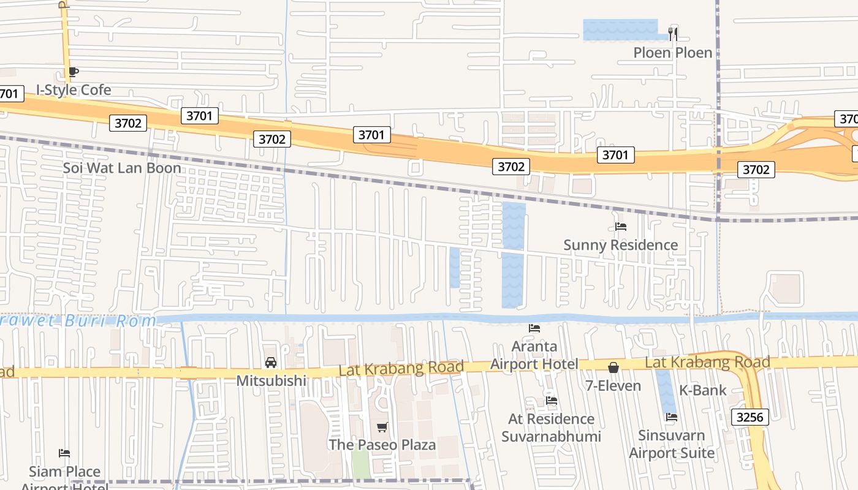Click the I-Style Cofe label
pos(74,90)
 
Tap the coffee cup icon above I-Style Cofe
pos(74,72)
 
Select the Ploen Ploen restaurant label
pos(673,53)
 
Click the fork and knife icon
pos(673,34)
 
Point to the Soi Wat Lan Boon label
pos(122,168)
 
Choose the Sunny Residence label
pos(620,245)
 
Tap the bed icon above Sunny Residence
pos(621,227)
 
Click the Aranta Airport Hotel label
pos(534,355)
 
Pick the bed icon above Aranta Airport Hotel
pos(534,328)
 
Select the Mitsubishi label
pos(271,380)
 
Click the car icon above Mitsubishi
pos(271,363)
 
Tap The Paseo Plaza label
pos(382,445)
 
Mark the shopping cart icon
pos(382,427)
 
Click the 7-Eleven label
pos(613,386)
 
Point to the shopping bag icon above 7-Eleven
pos(613,367)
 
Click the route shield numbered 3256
pos(750,417)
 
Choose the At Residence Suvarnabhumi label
pos(552,428)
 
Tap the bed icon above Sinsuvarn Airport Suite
pos(672,417)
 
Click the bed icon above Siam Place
pos(64,453)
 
